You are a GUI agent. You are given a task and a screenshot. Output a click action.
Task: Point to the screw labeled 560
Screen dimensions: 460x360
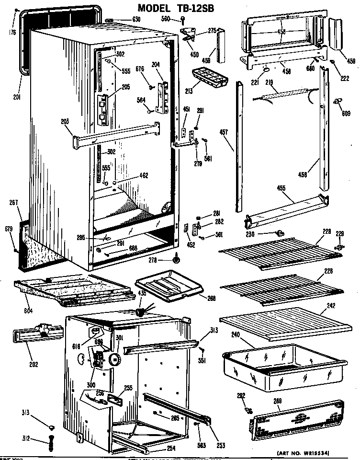(183, 20)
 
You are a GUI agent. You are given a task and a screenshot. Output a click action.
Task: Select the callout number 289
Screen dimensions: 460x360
(277, 400)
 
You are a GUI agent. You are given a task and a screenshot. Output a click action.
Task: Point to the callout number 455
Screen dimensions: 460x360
(281, 188)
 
